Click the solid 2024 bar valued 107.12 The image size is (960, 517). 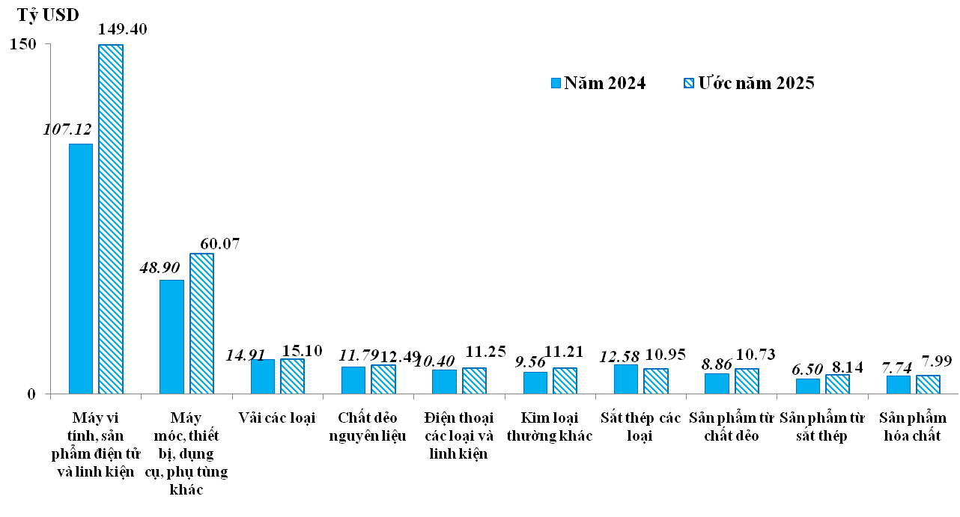coord(81,268)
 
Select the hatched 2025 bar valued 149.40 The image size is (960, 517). coord(111,218)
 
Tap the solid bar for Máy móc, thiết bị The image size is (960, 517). coord(171,337)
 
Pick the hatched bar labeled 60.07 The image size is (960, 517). coord(201,323)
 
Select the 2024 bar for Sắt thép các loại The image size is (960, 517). coord(625,379)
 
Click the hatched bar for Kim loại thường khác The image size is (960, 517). coord(565,380)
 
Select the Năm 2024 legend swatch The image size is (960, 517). coord(555,83)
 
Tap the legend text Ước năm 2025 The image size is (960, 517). coord(756,83)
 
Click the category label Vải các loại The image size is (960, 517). coord(276,417)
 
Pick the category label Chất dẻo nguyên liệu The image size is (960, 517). coord(368,426)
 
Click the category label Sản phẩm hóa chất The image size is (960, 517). coord(912,426)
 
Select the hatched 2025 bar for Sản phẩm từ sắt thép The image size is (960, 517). coord(837,384)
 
